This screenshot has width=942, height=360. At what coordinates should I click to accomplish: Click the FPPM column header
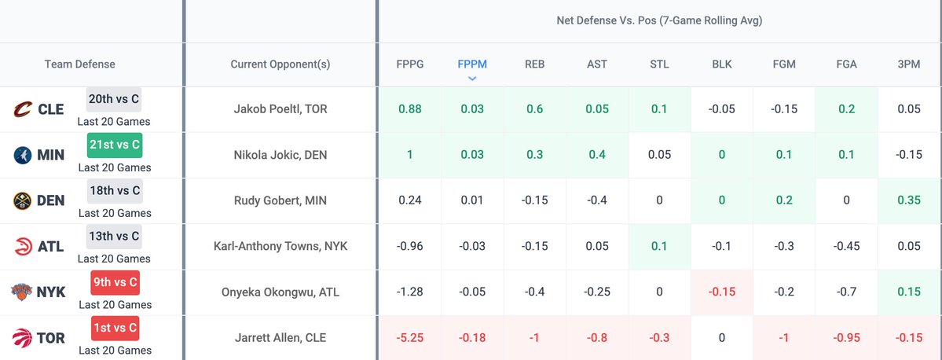[472, 64]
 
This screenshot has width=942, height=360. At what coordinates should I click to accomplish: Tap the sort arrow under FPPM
[472, 78]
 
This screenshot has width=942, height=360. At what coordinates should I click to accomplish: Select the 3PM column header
[909, 64]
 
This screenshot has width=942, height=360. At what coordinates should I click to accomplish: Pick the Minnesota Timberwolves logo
[22, 155]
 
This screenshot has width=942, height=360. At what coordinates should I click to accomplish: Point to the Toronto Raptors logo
[22, 338]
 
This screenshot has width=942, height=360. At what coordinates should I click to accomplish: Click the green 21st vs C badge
[114, 145]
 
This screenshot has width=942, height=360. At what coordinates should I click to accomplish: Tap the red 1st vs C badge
[114, 327]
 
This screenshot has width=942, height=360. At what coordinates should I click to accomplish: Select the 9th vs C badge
[114, 281]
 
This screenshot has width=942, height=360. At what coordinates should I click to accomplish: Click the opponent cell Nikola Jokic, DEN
[280, 155]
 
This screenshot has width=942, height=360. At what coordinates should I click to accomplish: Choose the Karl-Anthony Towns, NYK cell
[280, 246]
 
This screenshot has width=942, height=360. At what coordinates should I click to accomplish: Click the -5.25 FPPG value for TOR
[409, 338]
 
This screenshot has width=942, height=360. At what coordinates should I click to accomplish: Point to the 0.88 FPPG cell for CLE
[409, 109]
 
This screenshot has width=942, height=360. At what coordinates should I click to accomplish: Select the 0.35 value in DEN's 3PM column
[909, 200]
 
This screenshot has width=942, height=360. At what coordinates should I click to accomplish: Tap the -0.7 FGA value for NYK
[846, 292]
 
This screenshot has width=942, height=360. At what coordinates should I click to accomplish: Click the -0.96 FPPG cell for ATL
[409, 246]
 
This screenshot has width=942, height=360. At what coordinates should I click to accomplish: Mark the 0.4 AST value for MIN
[597, 155]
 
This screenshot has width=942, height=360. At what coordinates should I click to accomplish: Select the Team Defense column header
[79, 64]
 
